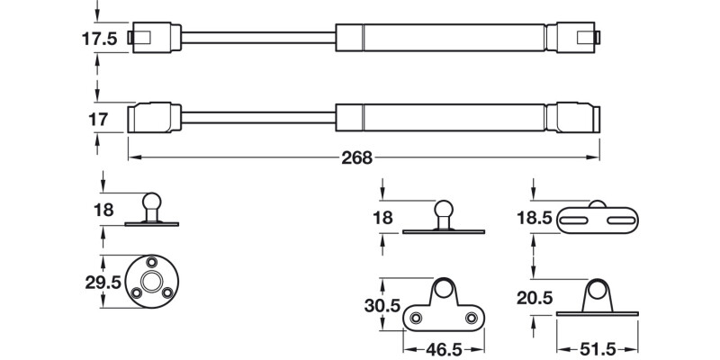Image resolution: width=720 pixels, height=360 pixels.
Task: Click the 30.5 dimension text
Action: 383,305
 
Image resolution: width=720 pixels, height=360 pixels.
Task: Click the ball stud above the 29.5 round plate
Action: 149,202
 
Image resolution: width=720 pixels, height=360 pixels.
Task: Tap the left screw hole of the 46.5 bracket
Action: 415,317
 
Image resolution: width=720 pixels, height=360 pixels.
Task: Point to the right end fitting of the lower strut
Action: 576,119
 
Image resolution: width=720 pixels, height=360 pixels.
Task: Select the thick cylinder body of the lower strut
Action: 441,119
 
